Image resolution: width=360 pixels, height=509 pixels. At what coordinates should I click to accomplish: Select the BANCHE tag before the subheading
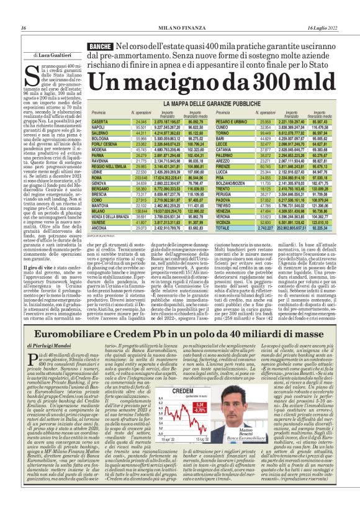pyautogui.click(x=100, y=47)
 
